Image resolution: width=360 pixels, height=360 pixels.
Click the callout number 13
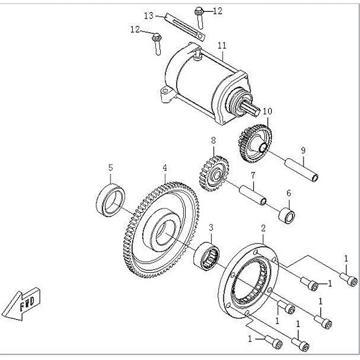coord(149,15)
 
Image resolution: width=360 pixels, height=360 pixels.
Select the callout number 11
coord(222,45)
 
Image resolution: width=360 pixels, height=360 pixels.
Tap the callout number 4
coord(165,167)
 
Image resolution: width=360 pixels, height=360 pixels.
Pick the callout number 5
coord(110,167)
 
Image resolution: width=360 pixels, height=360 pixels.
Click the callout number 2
coord(263,228)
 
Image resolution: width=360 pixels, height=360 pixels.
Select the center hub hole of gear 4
coord(164,232)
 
